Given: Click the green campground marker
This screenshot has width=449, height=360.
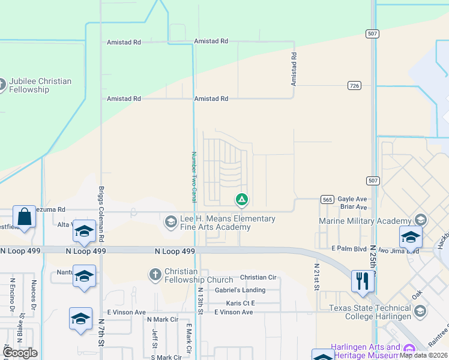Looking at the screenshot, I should (242, 199).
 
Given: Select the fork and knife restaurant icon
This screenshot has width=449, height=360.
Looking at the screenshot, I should (362, 281).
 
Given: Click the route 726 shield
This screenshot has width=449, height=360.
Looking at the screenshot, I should (354, 86).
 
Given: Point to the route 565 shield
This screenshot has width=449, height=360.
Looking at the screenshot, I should (327, 200).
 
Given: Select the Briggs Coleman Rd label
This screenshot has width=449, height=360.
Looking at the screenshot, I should (101, 203).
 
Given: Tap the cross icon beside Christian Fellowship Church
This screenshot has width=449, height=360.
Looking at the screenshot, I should (155, 275).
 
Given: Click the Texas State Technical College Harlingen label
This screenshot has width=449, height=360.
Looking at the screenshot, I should (370, 312).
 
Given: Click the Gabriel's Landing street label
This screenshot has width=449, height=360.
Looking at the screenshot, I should (240, 290).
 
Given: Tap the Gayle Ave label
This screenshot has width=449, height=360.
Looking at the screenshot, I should (352, 199).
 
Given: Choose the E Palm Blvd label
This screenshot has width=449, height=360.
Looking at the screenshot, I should (349, 247).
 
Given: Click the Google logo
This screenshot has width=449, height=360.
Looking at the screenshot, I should (20, 352).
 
